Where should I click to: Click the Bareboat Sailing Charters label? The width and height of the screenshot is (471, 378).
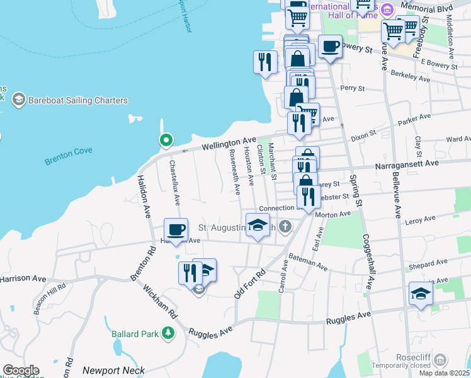(78, 100)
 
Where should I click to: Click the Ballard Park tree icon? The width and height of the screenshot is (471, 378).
(167, 333)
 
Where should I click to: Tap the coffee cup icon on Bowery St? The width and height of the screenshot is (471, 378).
(330, 47)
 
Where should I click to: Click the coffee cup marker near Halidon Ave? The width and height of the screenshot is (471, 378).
(176, 230)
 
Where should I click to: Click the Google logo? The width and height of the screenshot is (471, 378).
(20, 370)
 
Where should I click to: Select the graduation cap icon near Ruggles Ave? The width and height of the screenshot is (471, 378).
(421, 294)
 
